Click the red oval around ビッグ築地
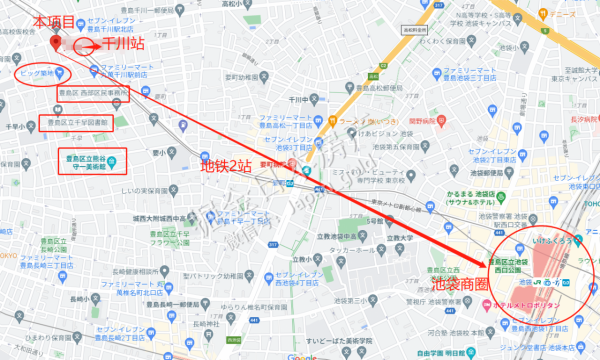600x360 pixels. point(42,73)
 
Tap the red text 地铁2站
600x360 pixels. point(226,166)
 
